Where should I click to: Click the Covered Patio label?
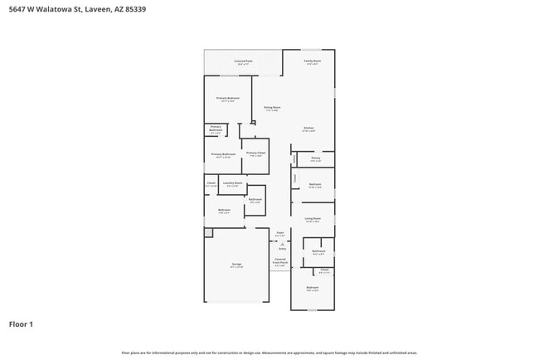pos(243,61)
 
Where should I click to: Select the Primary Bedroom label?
pos(228,99)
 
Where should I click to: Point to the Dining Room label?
pos(272,107)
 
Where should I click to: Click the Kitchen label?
pos(308,128)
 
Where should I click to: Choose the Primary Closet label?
pos(255,153)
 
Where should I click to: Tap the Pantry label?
pos(315,158)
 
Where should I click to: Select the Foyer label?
pos(280,233)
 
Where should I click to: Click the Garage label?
pos(236,265)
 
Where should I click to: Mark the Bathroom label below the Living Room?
pos(318,251)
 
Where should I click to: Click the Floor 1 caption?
pos(21,324)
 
